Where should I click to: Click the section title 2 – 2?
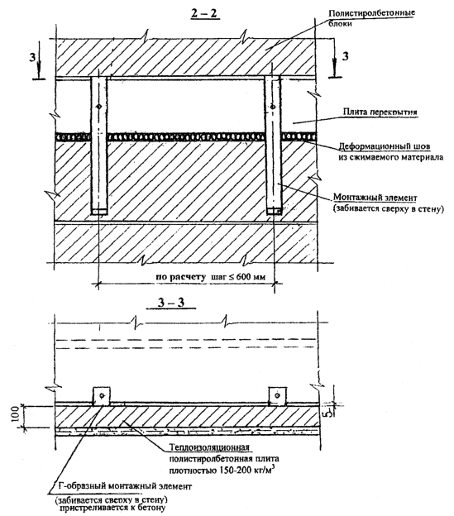(x=205, y=13)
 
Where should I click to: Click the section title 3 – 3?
(x=171, y=303)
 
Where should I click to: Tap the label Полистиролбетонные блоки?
(x=371, y=18)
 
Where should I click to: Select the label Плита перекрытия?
(x=380, y=112)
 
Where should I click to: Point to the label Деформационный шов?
(x=385, y=146)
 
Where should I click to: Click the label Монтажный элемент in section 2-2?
(x=375, y=198)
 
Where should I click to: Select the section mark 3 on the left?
(x=32, y=57)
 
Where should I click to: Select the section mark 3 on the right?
(x=345, y=56)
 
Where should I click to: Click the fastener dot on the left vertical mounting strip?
(x=98, y=107)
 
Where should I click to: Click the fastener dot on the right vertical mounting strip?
(x=272, y=107)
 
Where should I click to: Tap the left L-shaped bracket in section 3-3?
(x=102, y=395)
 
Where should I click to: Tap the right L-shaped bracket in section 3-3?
(x=278, y=395)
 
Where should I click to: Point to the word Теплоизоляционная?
(x=209, y=447)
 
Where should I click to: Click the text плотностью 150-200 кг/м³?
(x=222, y=470)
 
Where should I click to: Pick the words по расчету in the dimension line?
(x=180, y=277)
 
